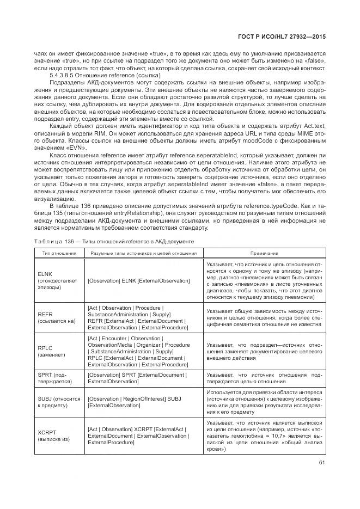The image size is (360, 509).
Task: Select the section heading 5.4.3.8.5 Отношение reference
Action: point(105,75)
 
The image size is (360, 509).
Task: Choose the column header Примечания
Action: point(264,253)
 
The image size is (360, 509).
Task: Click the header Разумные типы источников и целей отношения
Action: point(144,253)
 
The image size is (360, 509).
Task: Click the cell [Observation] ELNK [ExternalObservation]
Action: point(138,280)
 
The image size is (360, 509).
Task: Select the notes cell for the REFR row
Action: point(264,318)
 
